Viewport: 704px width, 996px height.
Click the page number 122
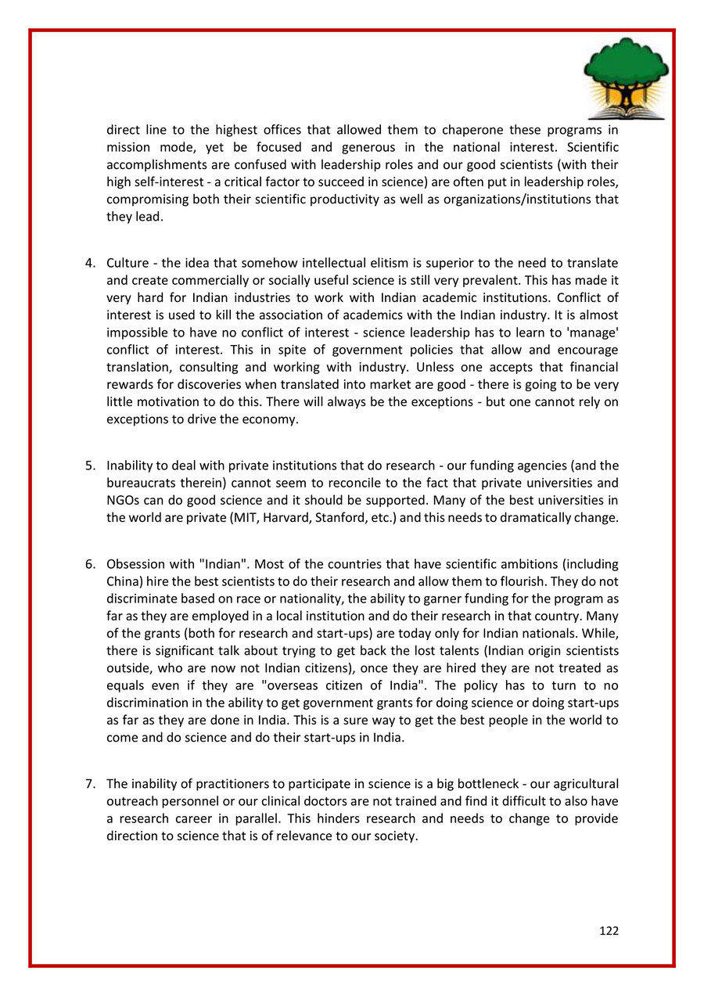click(609, 931)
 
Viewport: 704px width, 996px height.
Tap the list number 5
click(90, 466)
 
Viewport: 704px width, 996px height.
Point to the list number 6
click(90, 564)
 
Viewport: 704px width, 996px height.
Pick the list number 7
click(90, 783)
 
